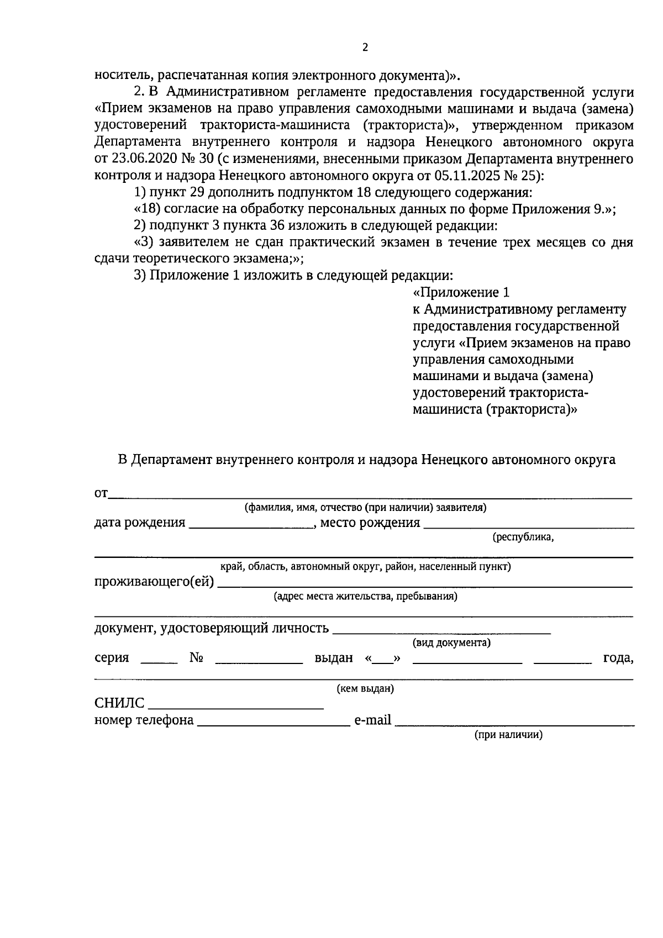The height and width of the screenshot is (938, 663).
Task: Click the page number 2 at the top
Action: click(x=365, y=48)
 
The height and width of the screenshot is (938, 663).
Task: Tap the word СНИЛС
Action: click(x=119, y=703)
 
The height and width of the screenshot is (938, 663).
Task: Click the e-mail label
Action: click(x=372, y=720)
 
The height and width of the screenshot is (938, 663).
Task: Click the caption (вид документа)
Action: click(x=451, y=643)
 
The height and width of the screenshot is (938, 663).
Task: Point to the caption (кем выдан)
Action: click(x=365, y=689)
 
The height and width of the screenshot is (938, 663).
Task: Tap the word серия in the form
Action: click(x=112, y=657)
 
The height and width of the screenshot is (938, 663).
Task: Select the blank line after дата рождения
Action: click(x=251, y=526)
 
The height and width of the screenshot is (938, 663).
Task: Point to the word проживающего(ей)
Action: click(x=154, y=582)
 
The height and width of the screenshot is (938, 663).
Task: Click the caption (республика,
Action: click(x=523, y=537)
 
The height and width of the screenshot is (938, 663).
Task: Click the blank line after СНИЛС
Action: click(x=236, y=707)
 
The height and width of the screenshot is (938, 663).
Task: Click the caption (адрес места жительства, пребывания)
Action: click(x=365, y=597)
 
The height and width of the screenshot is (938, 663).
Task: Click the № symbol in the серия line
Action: click(x=197, y=657)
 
